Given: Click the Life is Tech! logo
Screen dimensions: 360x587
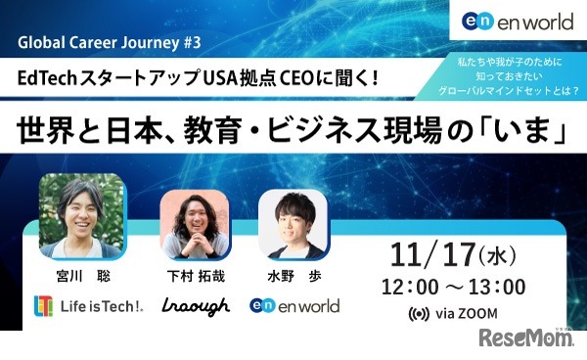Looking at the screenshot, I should coord(88,305).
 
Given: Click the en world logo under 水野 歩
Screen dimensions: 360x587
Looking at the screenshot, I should coord(293,306).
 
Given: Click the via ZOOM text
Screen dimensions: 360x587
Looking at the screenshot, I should coord(464,315).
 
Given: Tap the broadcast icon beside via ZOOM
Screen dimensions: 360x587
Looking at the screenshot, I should coord(419,315).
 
